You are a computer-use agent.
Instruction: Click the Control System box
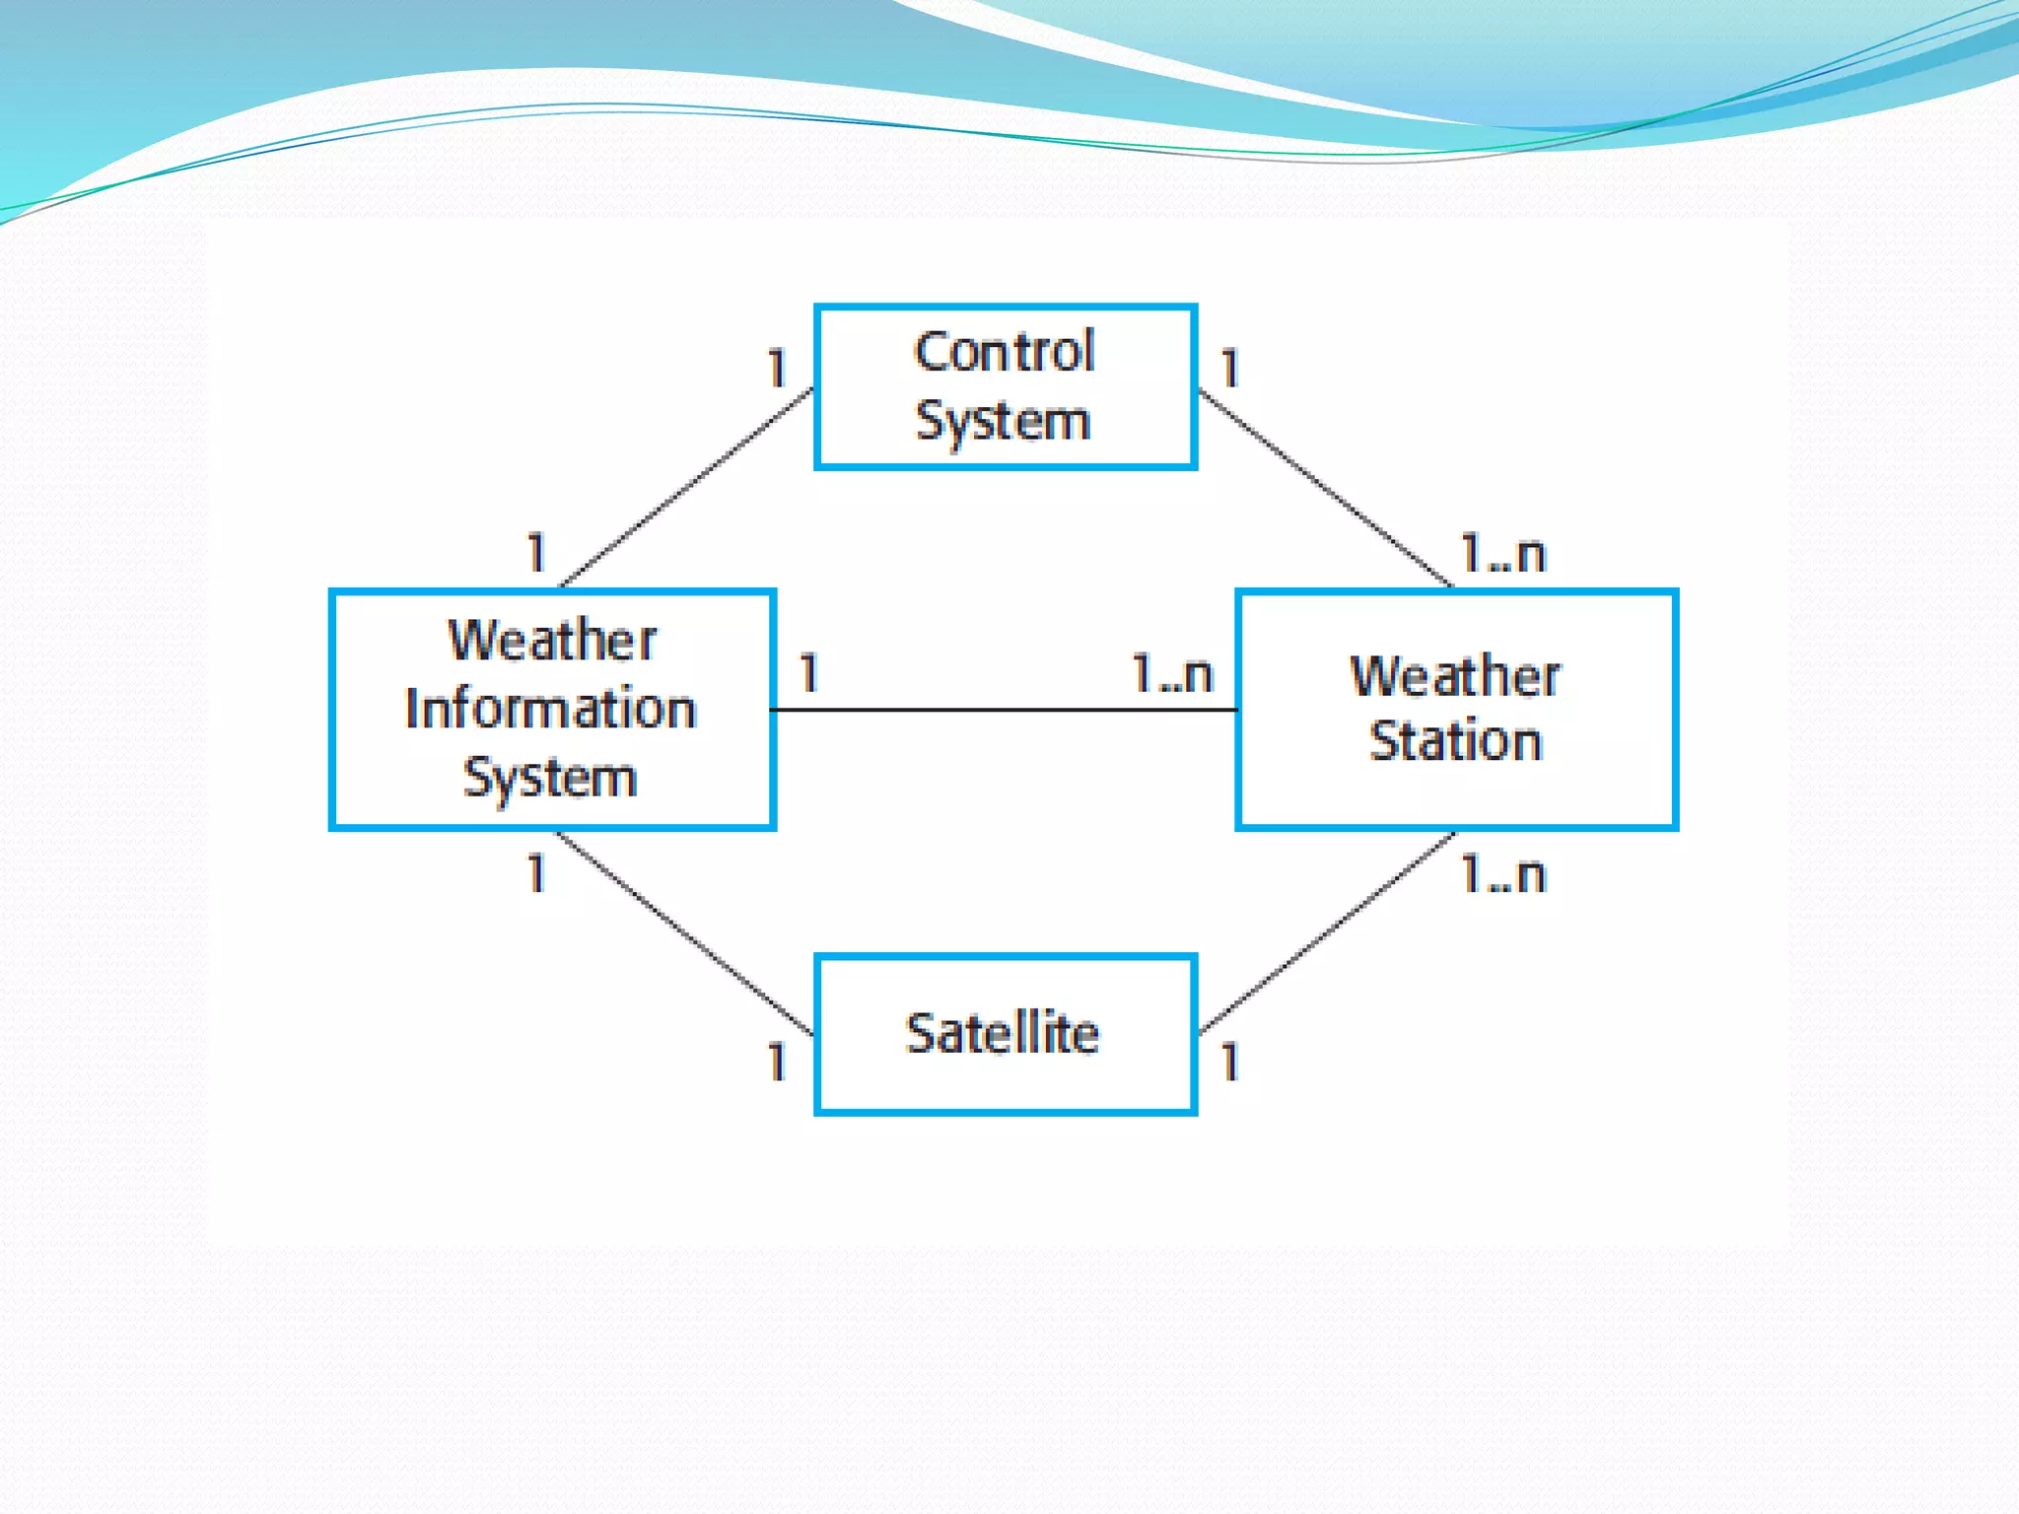coord(1006,386)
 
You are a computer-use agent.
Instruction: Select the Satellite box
coord(1006,1034)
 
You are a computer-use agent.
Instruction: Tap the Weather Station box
coord(1456,709)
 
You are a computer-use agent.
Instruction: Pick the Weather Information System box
coord(552,709)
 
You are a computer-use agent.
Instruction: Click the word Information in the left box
coord(551,709)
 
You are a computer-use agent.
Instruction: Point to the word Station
coord(1455,741)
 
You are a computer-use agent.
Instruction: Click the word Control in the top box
coord(1004,352)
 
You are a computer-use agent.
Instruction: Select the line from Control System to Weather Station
coord(1324,487)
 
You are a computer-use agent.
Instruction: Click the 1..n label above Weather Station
coord(1502,554)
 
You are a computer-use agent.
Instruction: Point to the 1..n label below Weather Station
coord(1502,874)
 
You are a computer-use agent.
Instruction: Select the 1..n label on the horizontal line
coord(1171,674)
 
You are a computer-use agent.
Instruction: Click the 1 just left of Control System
coord(778,370)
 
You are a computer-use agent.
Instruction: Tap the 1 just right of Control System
coord(1229,370)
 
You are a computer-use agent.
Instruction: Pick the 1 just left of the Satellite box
coord(778,1063)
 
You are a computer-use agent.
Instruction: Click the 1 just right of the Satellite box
coord(1229,1063)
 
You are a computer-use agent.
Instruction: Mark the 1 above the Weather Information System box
coord(536,553)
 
